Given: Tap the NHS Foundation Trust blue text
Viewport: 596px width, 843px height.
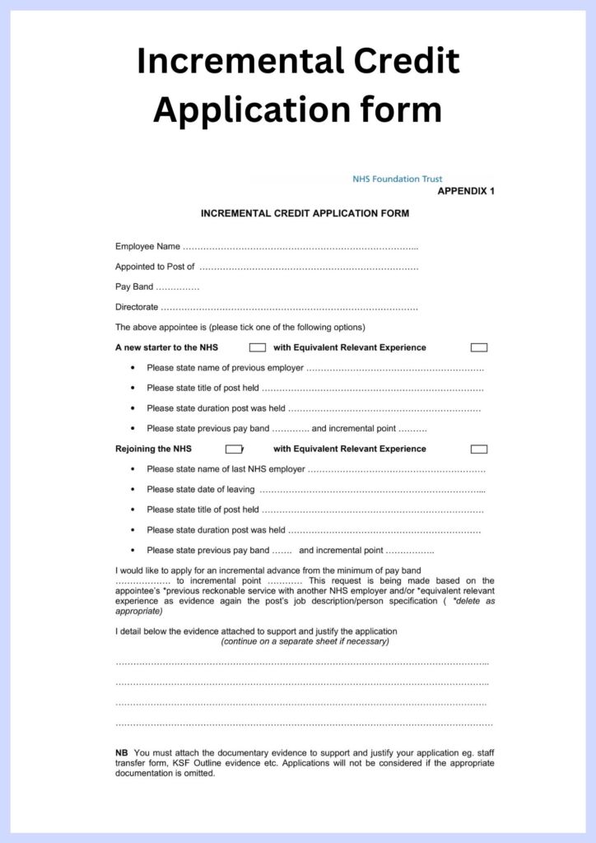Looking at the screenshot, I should [397, 179].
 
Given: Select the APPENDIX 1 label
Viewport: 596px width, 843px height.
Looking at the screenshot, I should [466, 191].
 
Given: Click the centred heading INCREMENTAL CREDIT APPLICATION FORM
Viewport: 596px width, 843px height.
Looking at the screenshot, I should [305, 213].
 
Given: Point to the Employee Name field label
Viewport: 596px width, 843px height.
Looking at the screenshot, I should [147, 246].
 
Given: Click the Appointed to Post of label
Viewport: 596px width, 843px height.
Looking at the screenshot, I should [155, 267].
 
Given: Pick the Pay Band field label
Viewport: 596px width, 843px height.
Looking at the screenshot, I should [134, 286].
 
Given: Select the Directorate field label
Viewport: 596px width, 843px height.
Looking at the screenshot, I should [137, 307].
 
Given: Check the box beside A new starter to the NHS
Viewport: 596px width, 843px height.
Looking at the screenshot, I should [257, 347].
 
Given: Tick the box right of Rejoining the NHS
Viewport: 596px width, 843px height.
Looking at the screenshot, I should [234, 449].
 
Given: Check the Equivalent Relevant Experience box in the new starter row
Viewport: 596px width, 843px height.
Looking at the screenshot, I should [478, 347].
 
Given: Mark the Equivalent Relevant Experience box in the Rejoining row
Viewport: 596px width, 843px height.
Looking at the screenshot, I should [478, 449].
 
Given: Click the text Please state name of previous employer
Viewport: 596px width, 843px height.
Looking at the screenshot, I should [225, 368].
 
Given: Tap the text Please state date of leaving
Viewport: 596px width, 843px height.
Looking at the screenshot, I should [200, 489].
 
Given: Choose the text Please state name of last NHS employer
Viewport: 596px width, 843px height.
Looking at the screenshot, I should [226, 469].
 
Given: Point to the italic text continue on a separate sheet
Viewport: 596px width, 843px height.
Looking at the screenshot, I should [305, 641].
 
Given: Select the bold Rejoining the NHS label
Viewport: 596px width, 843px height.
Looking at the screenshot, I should [153, 449].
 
